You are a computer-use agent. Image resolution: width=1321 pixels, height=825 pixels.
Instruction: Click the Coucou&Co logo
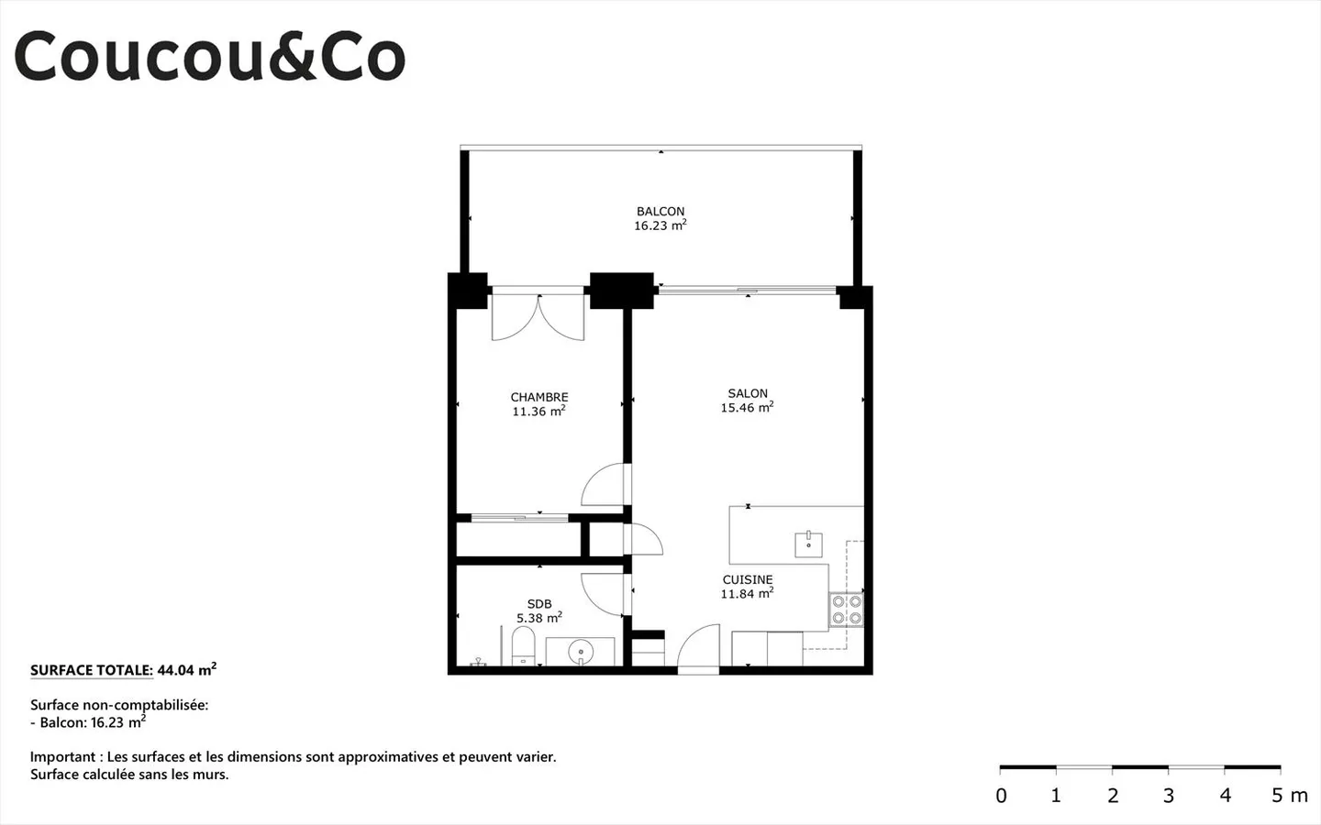[x=209, y=57]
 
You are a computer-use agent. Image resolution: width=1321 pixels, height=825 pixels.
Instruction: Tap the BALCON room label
[x=660, y=211]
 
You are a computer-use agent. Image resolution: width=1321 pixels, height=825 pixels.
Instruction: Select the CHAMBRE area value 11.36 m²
[x=538, y=412]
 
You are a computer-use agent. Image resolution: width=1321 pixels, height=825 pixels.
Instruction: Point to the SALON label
[x=748, y=393]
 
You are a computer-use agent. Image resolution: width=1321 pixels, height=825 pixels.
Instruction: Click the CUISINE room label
[x=748, y=579]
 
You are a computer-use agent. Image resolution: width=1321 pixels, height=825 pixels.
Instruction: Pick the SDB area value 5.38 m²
[x=538, y=619]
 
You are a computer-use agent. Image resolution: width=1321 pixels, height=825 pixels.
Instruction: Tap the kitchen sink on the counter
[x=808, y=544]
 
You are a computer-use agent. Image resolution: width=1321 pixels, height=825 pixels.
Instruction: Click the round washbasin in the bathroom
[x=581, y=652]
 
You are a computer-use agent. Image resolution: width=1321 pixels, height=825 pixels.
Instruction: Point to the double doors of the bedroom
[x=538, y=316]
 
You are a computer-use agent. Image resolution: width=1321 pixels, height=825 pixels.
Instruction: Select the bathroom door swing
[x=605, y=594]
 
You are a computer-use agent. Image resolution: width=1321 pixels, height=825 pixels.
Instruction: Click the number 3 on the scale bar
[x=1169, y=796]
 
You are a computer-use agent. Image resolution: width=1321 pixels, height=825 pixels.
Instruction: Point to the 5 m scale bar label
[x=1289, y=796]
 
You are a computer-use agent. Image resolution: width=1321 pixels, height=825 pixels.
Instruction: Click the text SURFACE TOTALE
[x=91, y=670]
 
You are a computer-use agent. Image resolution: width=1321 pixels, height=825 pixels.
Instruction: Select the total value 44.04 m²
[x=186, y=670]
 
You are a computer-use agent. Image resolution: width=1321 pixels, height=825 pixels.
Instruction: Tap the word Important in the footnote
[x=63, y=757]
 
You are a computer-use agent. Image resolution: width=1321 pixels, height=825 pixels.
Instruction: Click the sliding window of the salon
[x=748, y=291]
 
